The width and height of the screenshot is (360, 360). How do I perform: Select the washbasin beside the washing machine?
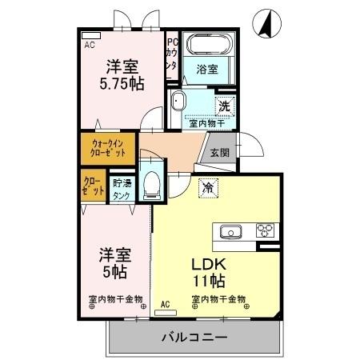point(179,102)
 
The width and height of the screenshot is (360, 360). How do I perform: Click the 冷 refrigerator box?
point(206,188)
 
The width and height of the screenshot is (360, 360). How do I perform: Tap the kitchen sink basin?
point(230,232)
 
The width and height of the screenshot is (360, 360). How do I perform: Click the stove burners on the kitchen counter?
point(265,231)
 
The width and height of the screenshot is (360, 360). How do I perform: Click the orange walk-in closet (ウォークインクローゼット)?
point(107,149)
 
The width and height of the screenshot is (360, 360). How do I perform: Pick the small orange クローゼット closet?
point(92,189)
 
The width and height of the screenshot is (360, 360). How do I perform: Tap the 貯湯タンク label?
point(122,189)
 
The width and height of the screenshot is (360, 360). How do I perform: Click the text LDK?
point(207,263)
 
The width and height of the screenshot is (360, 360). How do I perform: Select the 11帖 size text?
point(207,282)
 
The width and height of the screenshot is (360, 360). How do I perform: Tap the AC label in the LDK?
point(165,303)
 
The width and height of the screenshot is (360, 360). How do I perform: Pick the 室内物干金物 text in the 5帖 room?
point(116,300)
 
